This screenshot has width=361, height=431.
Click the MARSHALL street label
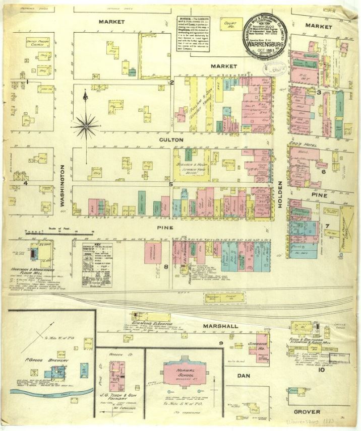pyautogui.click(x=220, y=326)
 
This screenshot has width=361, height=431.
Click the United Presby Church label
pyautogui.click(x=37, y=43)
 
